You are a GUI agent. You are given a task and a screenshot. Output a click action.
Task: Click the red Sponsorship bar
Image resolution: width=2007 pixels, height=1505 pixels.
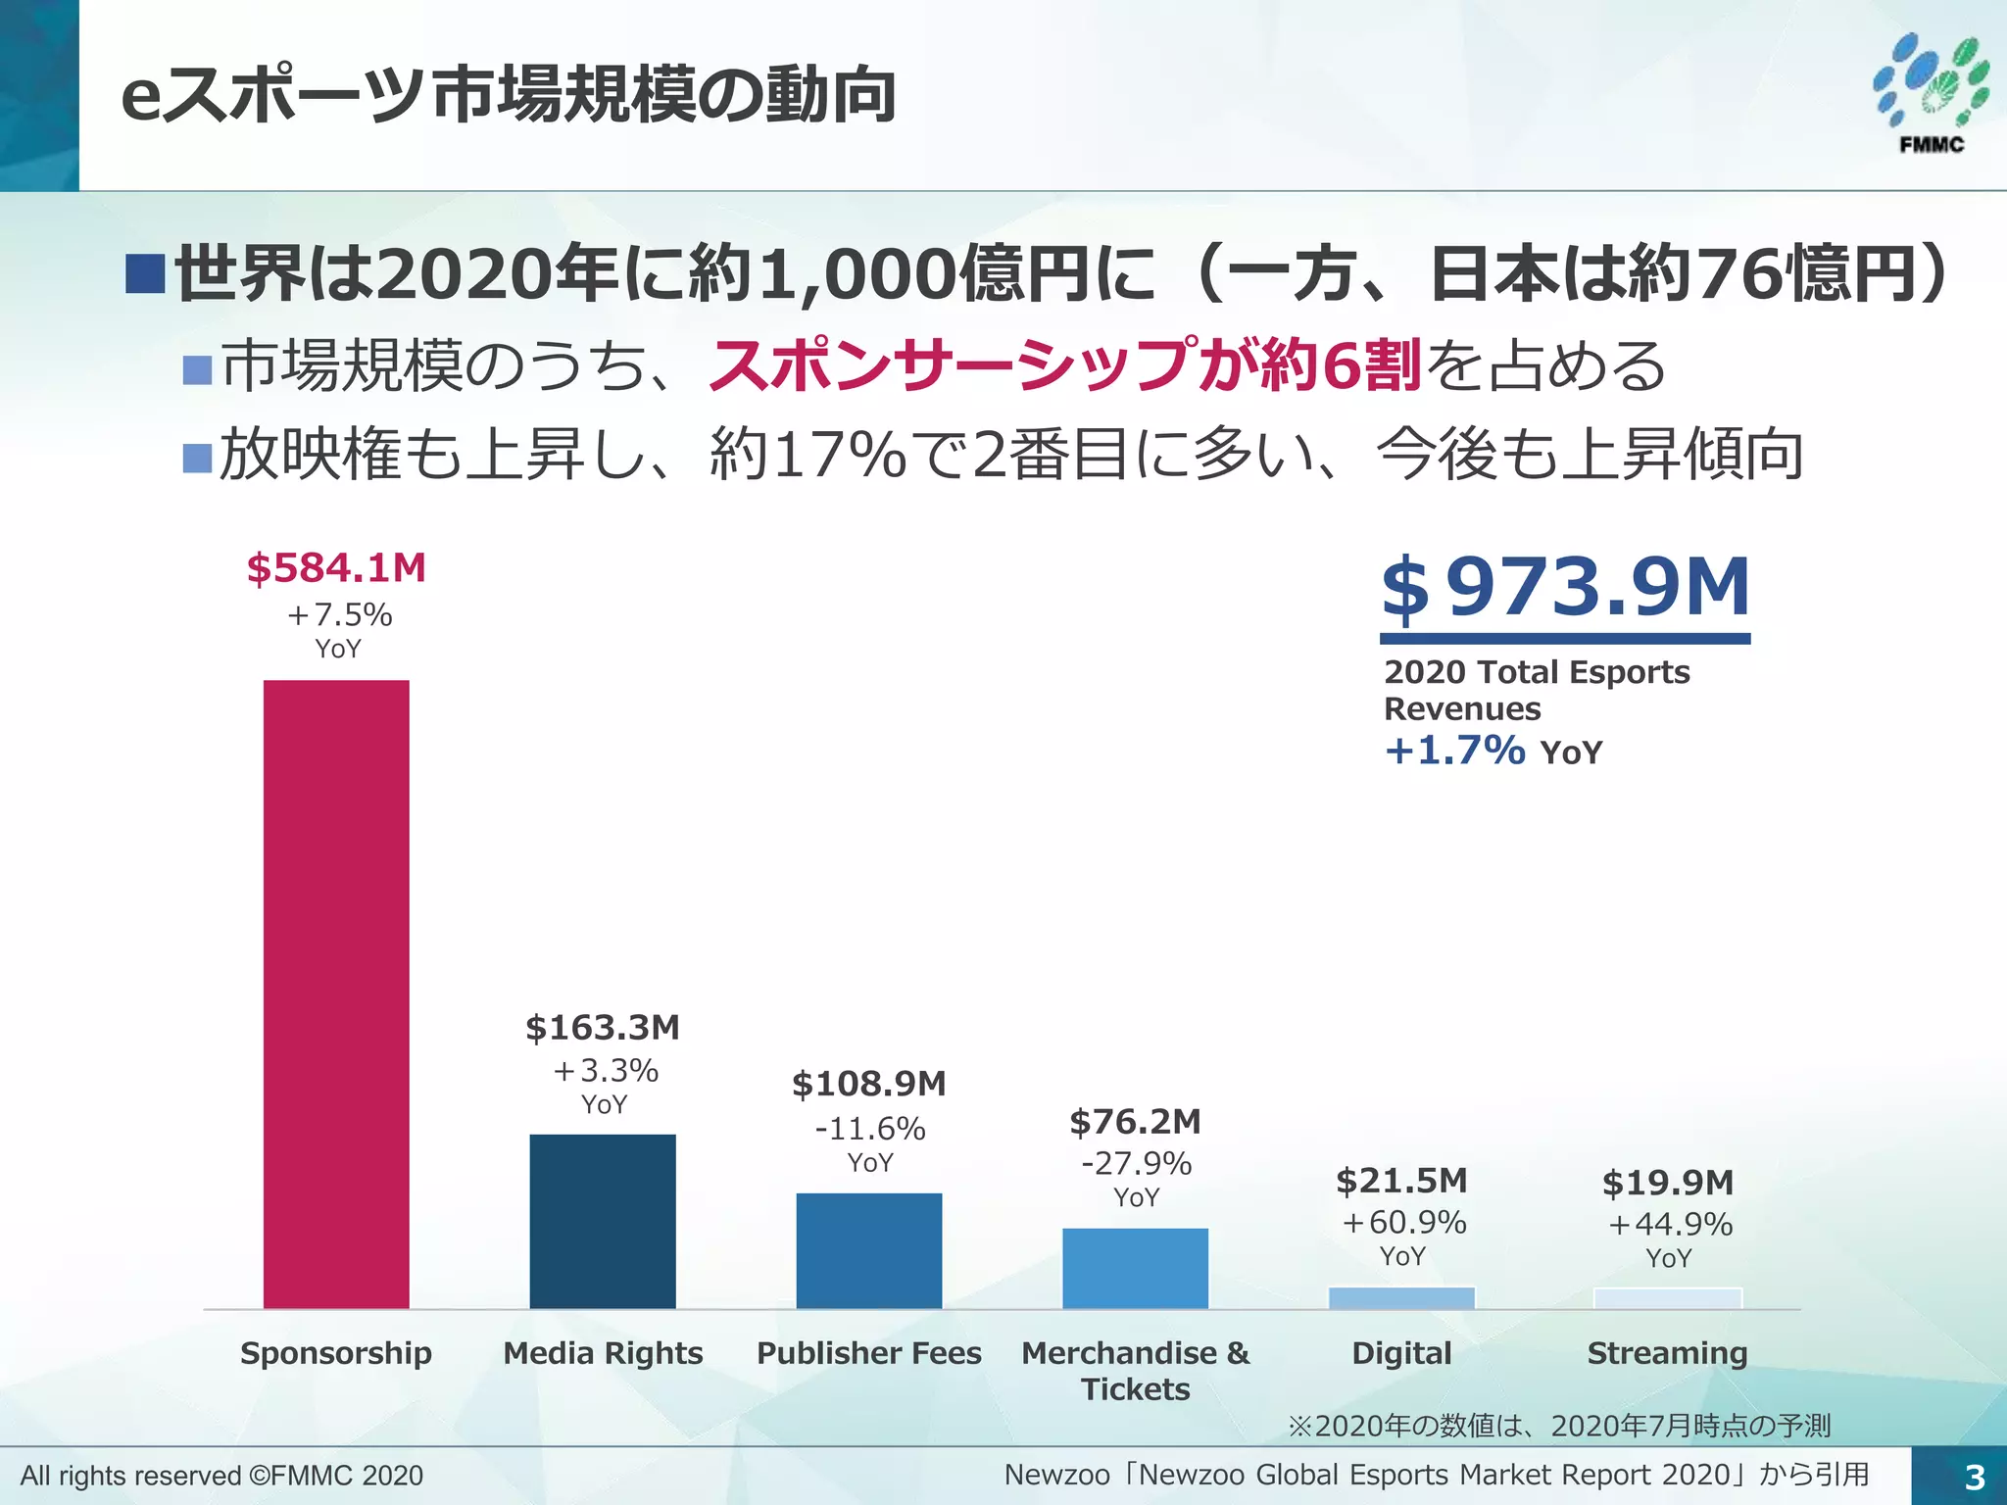pos(336,994)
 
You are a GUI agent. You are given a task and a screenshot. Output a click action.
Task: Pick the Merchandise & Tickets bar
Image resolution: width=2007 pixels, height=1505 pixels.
pos(1135,1268)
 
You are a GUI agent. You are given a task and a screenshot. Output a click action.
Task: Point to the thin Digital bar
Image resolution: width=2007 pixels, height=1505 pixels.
pos(1401,1298)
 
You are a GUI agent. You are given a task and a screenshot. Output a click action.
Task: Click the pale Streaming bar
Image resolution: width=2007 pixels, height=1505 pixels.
pos(1667,1299)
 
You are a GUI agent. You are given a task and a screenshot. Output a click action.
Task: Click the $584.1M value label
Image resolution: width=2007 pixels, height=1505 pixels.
pos(336,568)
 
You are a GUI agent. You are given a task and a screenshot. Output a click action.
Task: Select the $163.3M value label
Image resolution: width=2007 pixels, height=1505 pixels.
pos(603,1028)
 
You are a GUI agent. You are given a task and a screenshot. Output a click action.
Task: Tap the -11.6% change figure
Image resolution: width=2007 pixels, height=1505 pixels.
pos(870,1129)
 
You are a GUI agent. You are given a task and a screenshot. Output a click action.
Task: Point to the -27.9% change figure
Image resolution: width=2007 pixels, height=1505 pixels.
pos(1136,1164)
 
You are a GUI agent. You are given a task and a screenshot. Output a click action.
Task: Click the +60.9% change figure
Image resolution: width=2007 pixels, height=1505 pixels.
pos(1403,1223)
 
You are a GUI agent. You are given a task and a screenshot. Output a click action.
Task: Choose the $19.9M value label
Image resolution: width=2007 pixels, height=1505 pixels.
pos(1668,1183)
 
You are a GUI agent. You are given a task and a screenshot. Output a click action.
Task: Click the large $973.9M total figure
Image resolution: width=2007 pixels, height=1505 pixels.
pos(1565,588)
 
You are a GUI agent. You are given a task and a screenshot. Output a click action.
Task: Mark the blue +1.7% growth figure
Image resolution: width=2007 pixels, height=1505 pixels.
pos(1454,751)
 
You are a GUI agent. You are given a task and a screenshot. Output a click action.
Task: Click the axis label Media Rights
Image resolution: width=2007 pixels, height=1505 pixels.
pos(603,1353)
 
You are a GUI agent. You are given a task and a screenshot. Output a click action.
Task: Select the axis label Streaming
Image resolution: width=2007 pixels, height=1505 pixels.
pos(1667,1353)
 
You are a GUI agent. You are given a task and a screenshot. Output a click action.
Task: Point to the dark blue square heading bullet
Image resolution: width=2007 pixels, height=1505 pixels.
pos(144,273)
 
